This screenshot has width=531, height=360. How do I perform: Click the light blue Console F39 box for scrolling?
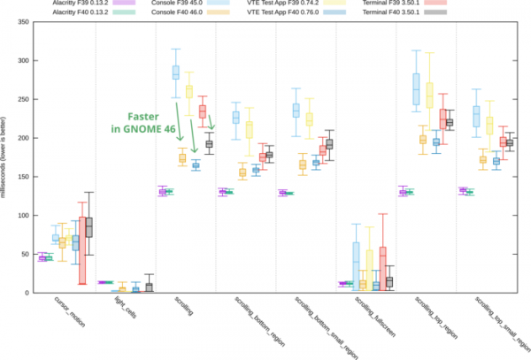[x=175, y=72]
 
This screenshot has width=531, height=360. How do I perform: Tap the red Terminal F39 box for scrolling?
[x=202, y=111]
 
